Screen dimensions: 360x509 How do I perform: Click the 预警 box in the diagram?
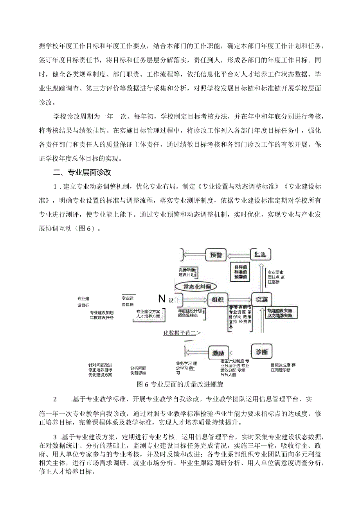pos(216,255)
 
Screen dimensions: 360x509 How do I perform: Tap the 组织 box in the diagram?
pos(217,300)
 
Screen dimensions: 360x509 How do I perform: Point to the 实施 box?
pos(261,300)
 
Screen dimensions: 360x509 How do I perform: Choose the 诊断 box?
pos(261,352)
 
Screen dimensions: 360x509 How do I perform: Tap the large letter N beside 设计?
pos(162,299)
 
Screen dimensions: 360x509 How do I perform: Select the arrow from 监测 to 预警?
pos(239,255)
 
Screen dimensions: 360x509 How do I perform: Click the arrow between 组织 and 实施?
pos(239,300)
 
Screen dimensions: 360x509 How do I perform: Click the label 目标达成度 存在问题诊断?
pos(283,367)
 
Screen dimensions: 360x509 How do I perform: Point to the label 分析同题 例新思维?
pos(139,371)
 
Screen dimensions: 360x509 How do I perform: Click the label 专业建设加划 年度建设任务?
pos(101,315)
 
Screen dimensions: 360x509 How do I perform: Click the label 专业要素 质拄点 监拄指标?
pos(276,277)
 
